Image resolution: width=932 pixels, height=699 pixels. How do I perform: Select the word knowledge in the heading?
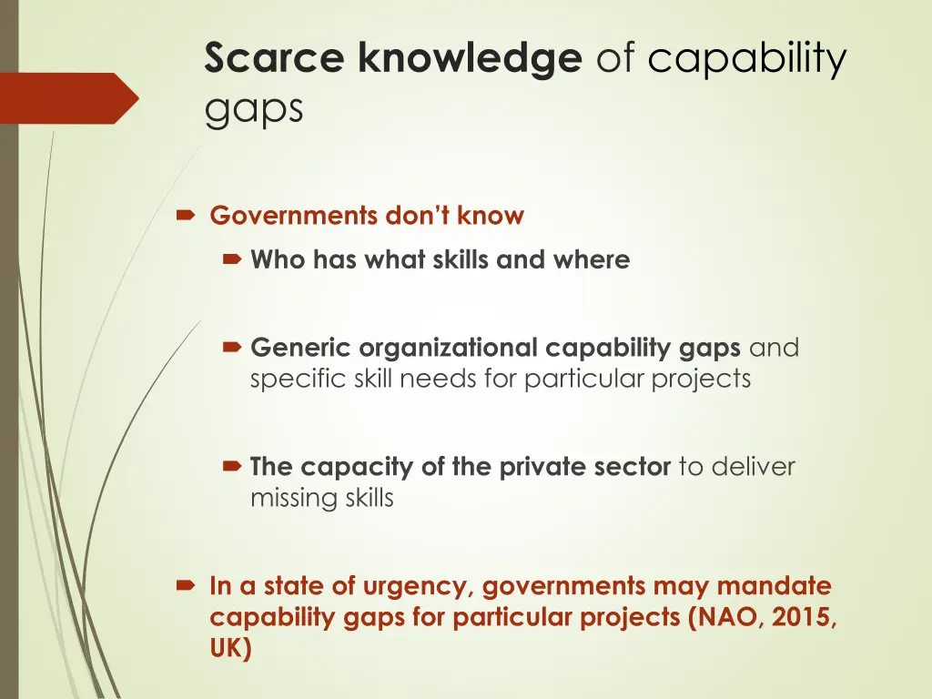tap(470, 58)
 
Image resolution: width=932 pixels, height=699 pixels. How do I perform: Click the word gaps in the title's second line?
tap(253, 108)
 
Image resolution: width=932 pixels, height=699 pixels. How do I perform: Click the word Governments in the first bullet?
tap(293, 216)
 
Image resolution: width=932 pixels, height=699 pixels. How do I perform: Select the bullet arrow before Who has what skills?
tap(231, 260)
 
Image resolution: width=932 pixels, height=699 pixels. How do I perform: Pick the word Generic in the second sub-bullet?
tap(300, 348)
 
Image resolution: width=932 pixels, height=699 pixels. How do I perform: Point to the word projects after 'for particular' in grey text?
tap(701, 378)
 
